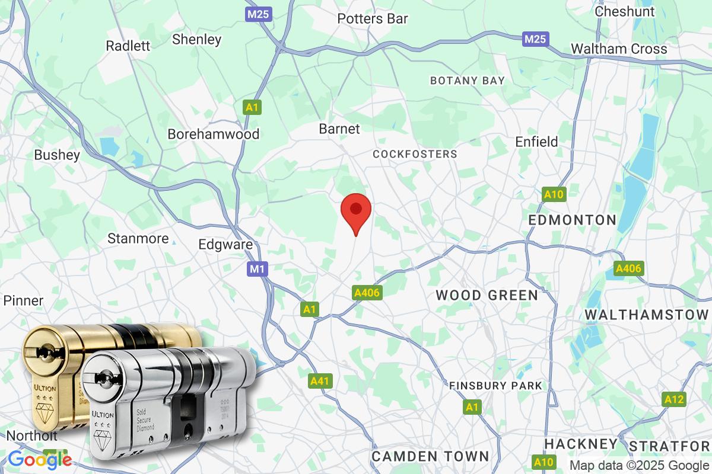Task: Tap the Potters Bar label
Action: pos(373,18)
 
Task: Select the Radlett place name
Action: pos(128,46)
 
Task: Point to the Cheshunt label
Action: pos(625,11)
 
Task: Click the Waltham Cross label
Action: pos(619,49)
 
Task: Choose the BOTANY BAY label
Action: pos(468,80)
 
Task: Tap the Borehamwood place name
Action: pos(214,134)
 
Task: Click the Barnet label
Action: pos(339,128)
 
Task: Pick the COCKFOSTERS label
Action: pos(415,154)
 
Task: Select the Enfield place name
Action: pos(536,142)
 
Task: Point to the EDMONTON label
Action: pos(573,220)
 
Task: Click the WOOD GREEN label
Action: pos(487,294)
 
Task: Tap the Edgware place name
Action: pos(225,244)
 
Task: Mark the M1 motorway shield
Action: pos(256,270)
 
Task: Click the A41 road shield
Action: pos(319,381)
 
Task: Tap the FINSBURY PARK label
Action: pos(495,386)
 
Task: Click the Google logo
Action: pos(40,459)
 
